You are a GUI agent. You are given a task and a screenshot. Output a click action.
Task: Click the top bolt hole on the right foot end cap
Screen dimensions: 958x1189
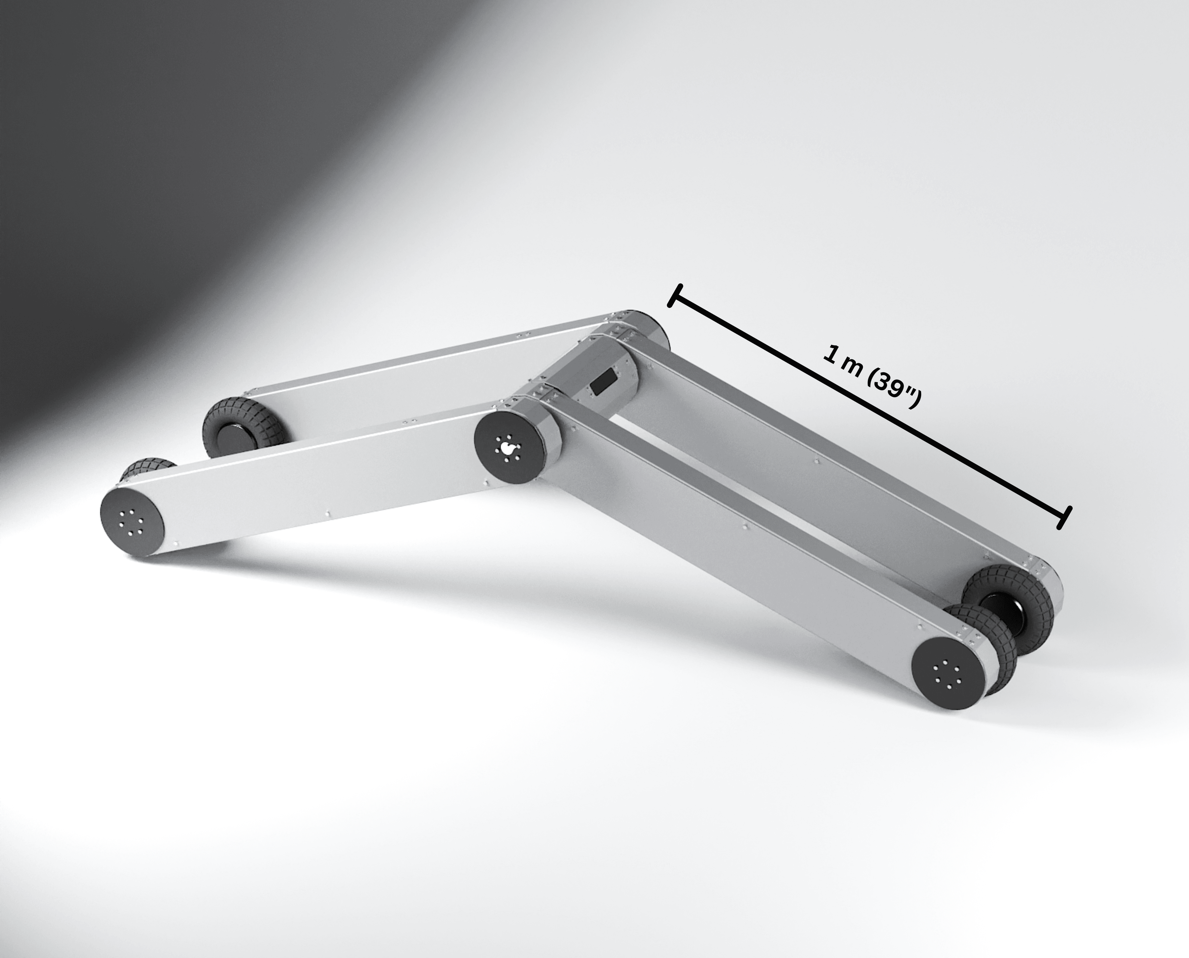[945, 661]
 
